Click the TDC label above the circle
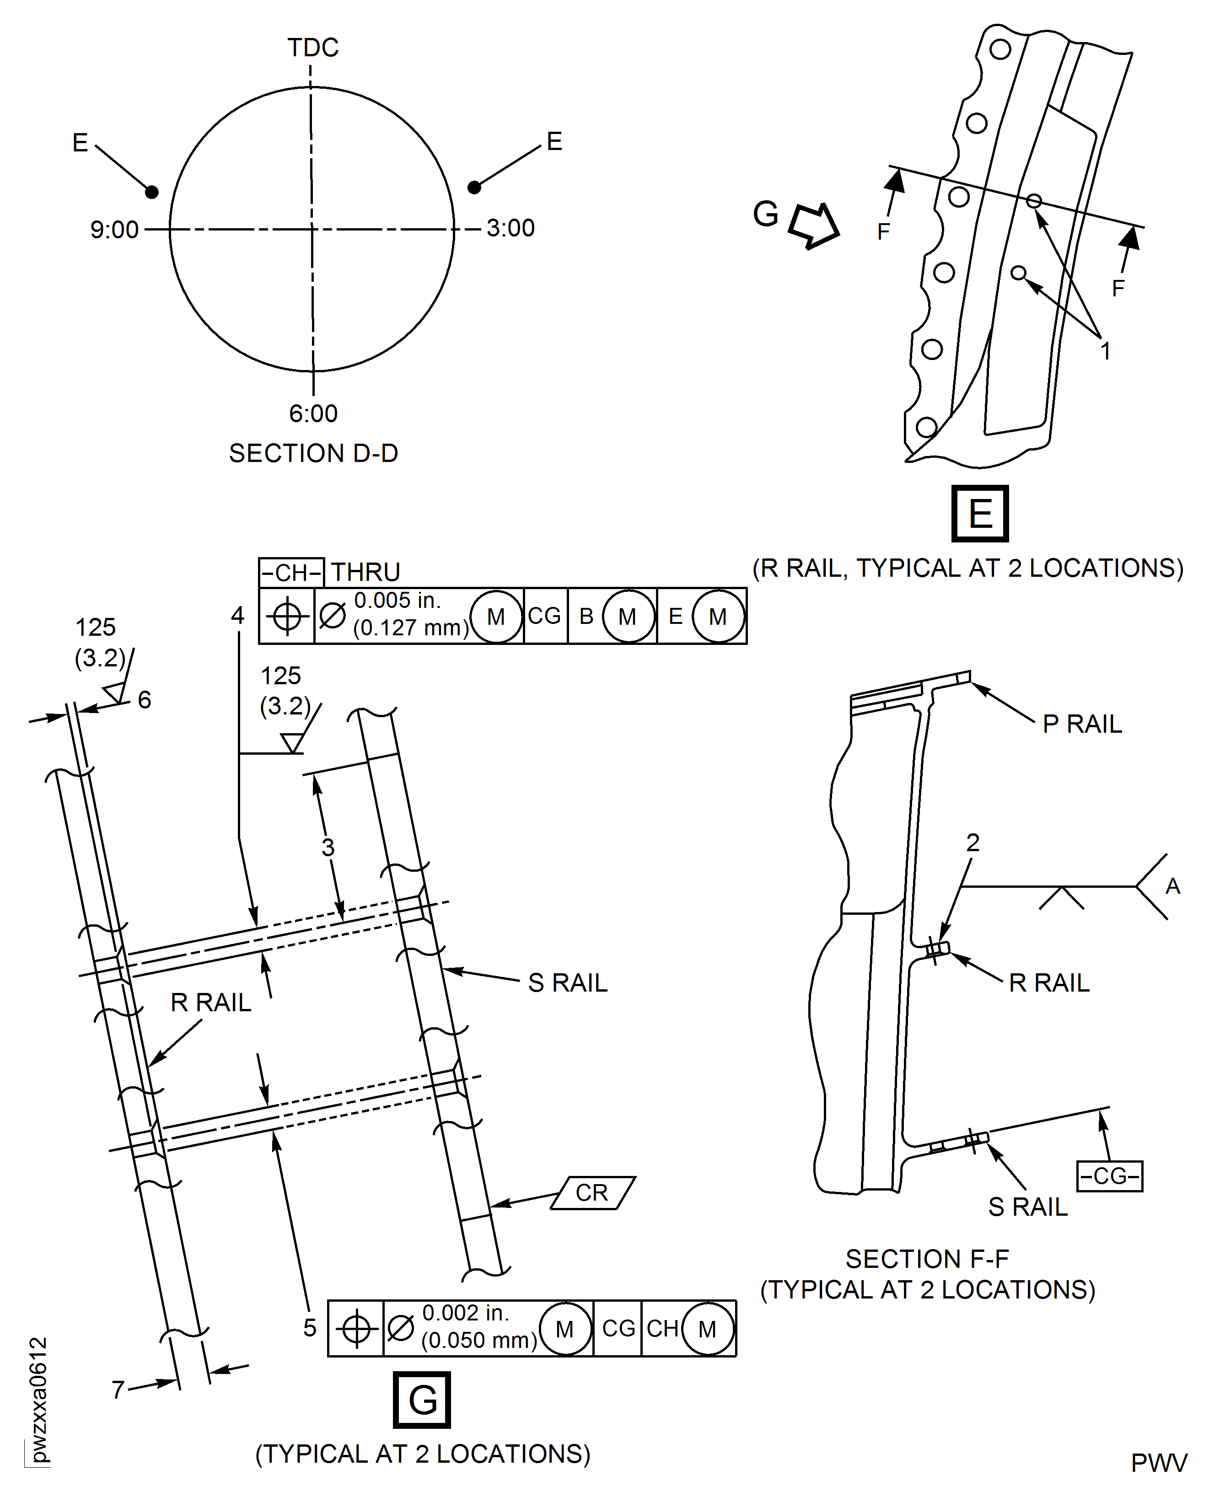(x=313, y=48)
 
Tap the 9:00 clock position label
(x=114, y=230)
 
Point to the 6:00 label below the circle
(x=313, y=413)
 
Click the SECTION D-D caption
(x=313, y=453)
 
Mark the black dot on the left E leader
(x=152, y=192)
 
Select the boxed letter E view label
(x=979, y=514)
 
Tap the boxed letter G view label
(x=422, y=1400)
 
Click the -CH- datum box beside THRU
(x=291, y=572)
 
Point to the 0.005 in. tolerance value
(x=397, y=600)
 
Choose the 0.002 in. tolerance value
(x=465, y=1313)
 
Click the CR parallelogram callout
(x=592, y=1193)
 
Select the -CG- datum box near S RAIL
(x=1109, y=1176)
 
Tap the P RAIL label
(x=1081, y=724)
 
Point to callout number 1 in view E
(x=1105, y=351)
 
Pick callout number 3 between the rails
(x=328, y=848)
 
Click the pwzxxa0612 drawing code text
(x=39, y=1400)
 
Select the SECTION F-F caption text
(x=927, y=1259)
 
